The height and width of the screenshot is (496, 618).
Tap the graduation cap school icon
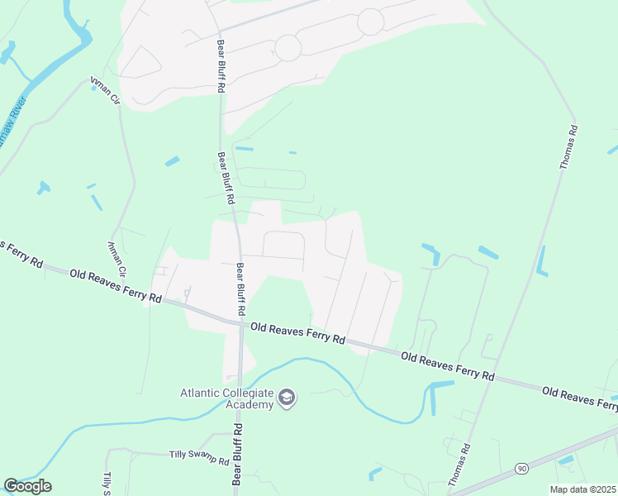pyautogui.click(x=287, y=398)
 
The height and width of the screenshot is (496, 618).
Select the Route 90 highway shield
pyautogui.click(x=521, y=469)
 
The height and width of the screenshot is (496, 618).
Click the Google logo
pyautogui.click(x=27, y=486)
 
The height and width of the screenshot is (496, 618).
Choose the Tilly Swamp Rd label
pyautogui.click(x=198, y=457)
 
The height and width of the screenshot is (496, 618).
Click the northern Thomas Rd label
pyautogui.click(x=568, y=148)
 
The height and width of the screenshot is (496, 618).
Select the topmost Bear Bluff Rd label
pyautogui.click(x=221, y=64)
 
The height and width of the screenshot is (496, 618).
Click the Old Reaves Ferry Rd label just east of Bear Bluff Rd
pyautogui.click(x=297, y=333)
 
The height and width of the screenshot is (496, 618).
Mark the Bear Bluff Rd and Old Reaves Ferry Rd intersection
pyautogui.click(x=241, y=323)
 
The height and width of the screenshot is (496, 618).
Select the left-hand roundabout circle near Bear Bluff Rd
pyautogui.click(x=288, y=48)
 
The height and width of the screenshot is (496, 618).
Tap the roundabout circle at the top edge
pyautogui.click(x=370, y=21)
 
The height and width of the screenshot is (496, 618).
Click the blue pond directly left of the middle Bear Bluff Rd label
pyautogui.click(x=172, y=161)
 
